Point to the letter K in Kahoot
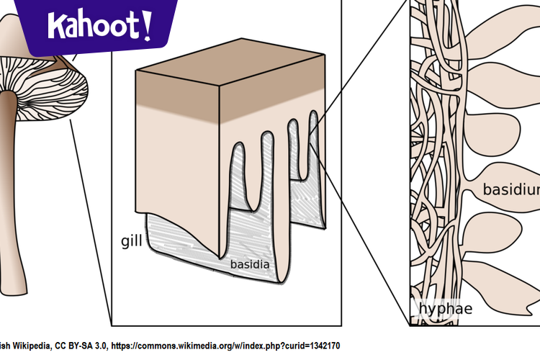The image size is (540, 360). point(55,27)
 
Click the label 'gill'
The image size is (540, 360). point(132,240)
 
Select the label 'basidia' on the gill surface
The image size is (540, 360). point(250,264)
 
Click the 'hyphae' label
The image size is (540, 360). point(446,309)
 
